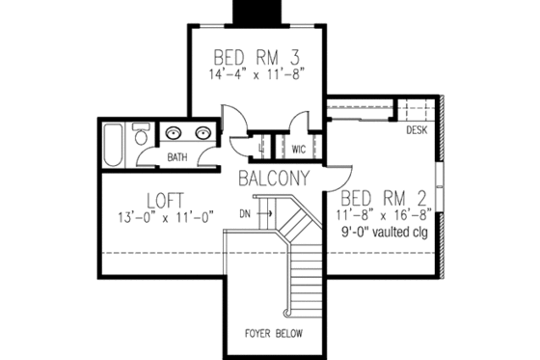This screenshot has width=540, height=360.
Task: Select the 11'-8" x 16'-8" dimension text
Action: (x=390, y=214)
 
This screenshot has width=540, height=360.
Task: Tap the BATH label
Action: (x=177, y=156)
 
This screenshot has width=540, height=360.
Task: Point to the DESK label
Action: (x=417, y=128)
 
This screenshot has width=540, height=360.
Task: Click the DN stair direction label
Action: (x=246, y=211)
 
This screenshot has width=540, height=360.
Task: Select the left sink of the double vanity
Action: (x=175, y=135)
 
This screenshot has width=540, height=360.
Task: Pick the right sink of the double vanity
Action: (x=203, y=135)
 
